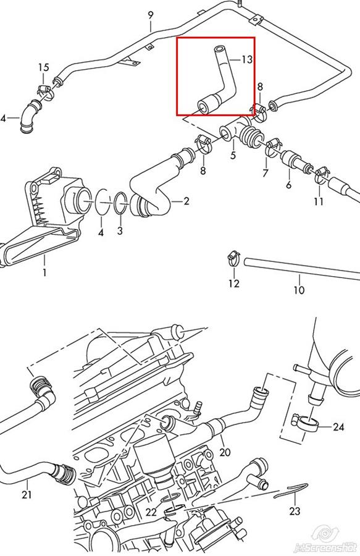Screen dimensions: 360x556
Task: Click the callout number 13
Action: click(246, 59)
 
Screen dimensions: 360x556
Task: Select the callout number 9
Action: click(151, 15)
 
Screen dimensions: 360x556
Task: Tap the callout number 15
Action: click(44, 67)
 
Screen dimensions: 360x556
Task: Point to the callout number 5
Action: click(233, 155)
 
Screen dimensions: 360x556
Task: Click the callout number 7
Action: click(266, 173)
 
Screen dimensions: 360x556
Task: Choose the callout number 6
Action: click(288, 184)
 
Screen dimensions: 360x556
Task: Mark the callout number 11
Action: click(319, 201)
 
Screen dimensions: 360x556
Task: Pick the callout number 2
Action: click(186, 201)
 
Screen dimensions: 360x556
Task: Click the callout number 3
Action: click(120, 230)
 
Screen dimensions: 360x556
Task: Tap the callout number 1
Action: click(44, 272)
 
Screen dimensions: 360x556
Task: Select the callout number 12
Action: click(234, 283)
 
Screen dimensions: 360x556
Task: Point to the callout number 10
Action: click(299, 290)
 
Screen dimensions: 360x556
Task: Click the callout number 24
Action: click(338, 427)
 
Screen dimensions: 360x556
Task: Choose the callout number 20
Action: click(225, 452)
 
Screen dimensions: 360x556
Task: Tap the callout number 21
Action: click(27, 494)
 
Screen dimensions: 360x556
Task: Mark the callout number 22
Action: click(151, 512)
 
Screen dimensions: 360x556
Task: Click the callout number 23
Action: click(295, 511)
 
